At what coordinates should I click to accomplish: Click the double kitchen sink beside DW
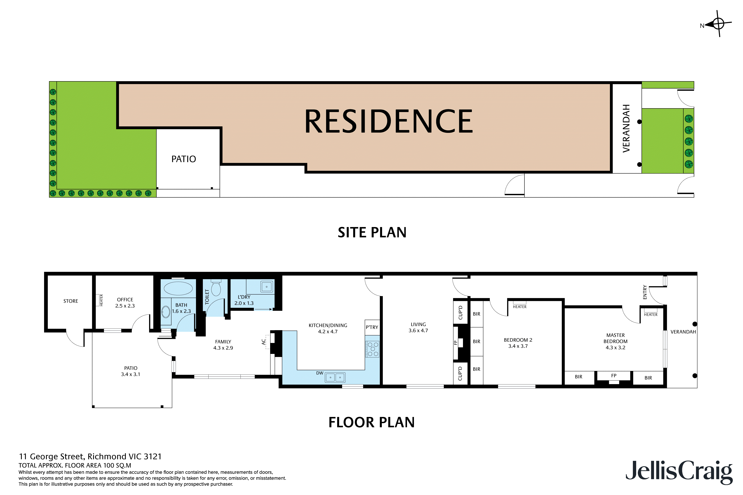pos(335,377)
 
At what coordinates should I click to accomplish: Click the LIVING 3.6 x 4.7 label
pos(418,327)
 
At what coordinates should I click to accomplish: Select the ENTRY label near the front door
pos(645,292)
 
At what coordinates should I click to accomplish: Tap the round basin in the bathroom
pos(166,312)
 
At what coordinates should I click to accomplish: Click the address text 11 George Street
pos(90,457)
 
